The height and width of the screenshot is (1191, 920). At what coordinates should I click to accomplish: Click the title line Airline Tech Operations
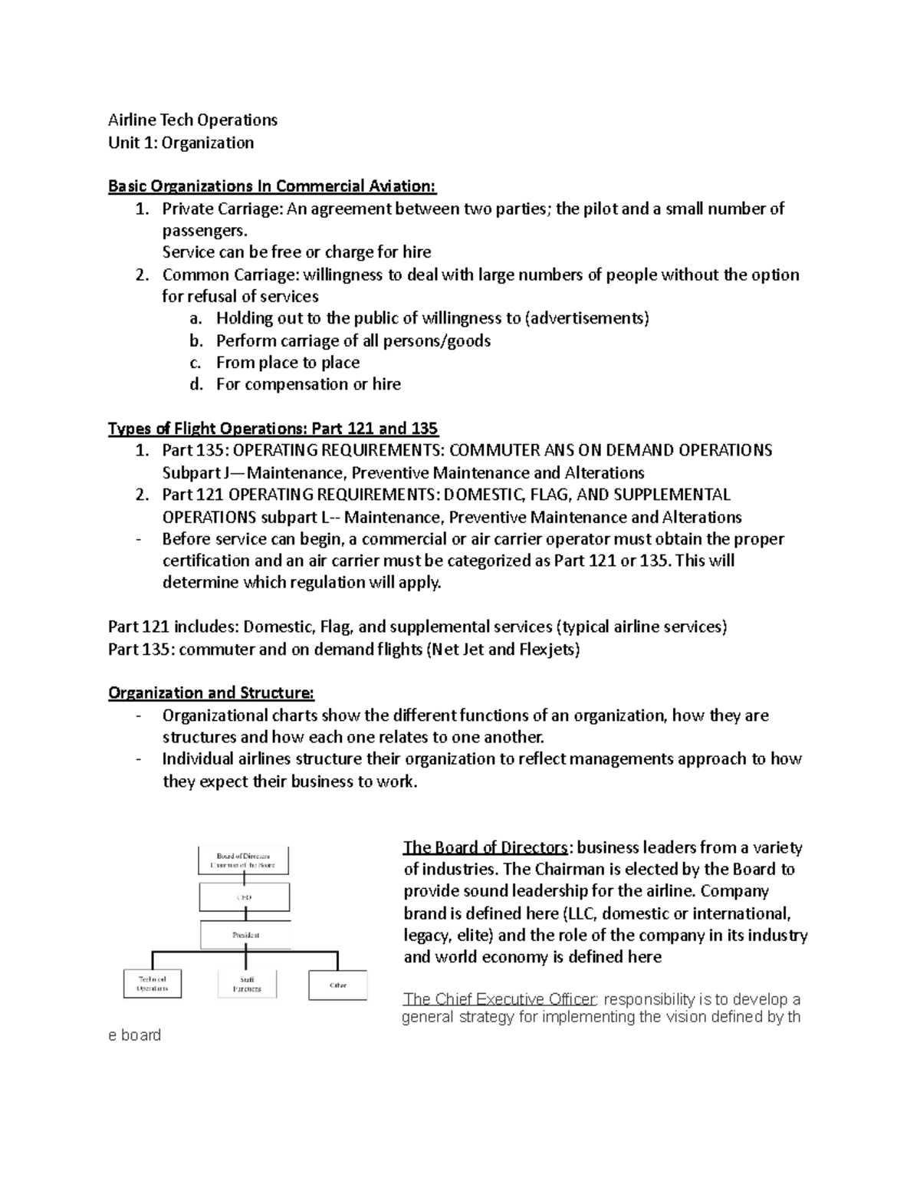coord(192,120)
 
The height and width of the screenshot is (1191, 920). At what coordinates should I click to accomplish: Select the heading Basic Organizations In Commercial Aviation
coord(272,186)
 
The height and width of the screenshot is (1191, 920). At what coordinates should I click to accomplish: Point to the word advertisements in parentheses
coord(587,318)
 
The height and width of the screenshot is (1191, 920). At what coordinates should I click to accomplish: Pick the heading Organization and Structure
coord(211,693)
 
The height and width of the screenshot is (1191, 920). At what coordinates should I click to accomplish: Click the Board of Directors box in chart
coord(244,860)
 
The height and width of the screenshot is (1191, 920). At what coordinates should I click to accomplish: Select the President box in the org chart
coord(245,935)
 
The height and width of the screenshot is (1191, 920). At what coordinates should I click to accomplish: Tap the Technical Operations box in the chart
coord(152,983)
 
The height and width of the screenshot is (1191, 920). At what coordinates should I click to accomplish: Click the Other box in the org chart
coord(337,985)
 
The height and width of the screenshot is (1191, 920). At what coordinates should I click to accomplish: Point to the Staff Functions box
coord(246,984)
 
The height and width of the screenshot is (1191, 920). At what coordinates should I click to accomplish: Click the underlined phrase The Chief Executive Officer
coord(499,999)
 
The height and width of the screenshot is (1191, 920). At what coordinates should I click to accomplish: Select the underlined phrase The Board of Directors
coord(485,847)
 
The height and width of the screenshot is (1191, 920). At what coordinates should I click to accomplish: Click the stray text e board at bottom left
coord(135,1035)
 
